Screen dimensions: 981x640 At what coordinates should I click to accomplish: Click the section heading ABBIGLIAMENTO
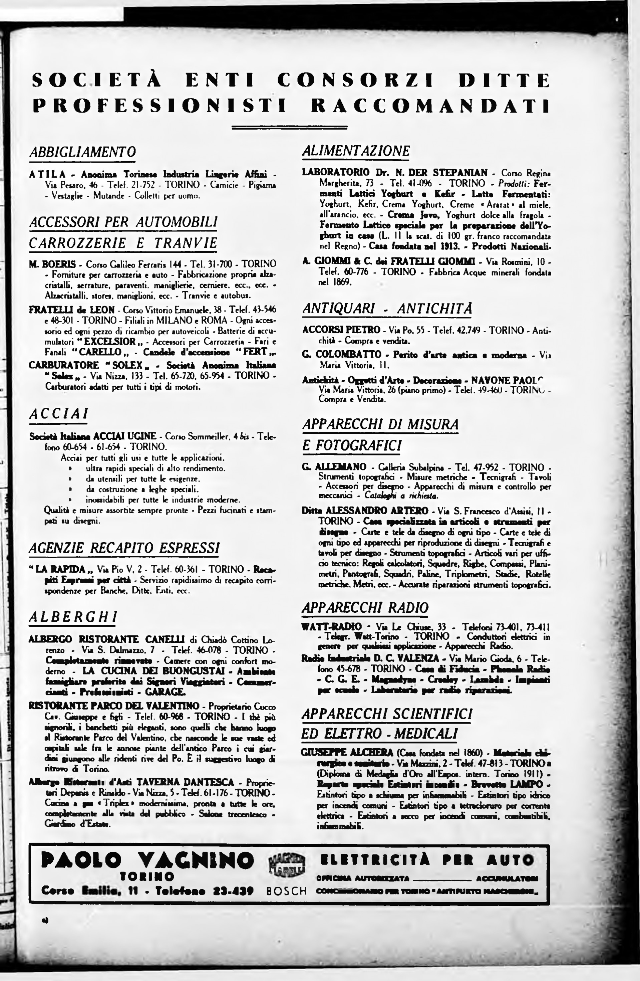tap(82, 152)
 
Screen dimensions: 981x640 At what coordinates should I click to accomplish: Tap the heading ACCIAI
tap(58, 413)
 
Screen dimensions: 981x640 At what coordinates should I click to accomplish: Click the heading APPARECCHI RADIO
tap(365, 608)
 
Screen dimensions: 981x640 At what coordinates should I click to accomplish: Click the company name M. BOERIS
tap(52, 264)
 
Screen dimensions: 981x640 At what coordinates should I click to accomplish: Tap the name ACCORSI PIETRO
tap(341, 330)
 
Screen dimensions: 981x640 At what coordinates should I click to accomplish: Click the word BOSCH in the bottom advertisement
tap(287, 891)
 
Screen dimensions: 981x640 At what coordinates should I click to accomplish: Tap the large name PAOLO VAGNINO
tap(147, 860)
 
